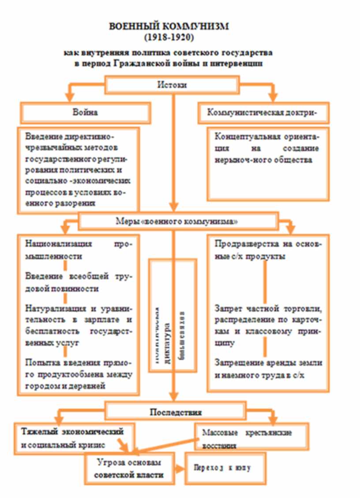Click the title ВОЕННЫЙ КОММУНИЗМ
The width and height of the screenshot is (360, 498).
click(x=169, y=27)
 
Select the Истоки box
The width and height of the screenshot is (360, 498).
click(x=172, y=85)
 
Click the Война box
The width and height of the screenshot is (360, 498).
click(x=86, y=112)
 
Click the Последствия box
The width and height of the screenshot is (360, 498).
click(x=176, y=412)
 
